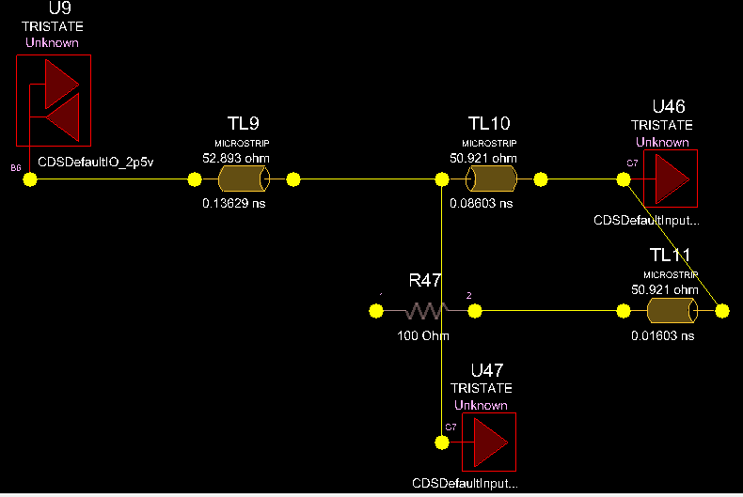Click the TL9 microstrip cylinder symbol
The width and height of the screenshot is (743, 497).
point(244,179)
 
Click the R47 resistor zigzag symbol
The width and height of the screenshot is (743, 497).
point(423,311)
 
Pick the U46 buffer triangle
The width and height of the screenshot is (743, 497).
point(672,178)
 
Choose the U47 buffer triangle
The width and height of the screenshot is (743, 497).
point(490,442)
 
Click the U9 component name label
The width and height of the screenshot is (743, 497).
point(53,9)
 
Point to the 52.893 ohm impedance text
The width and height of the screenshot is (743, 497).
point(234,157)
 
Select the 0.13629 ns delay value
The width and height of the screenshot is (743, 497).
point(234,202)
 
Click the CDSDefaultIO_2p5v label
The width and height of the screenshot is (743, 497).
point(95,162)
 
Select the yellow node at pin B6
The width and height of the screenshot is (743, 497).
point(30,179)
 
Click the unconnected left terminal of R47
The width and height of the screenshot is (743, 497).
point(374,311)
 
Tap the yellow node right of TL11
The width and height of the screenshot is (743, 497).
point(722,311)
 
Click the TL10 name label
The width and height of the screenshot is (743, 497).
point(488,123)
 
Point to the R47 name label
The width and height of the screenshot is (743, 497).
point(425,280)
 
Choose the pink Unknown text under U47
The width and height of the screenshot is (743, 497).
point(481,405)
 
